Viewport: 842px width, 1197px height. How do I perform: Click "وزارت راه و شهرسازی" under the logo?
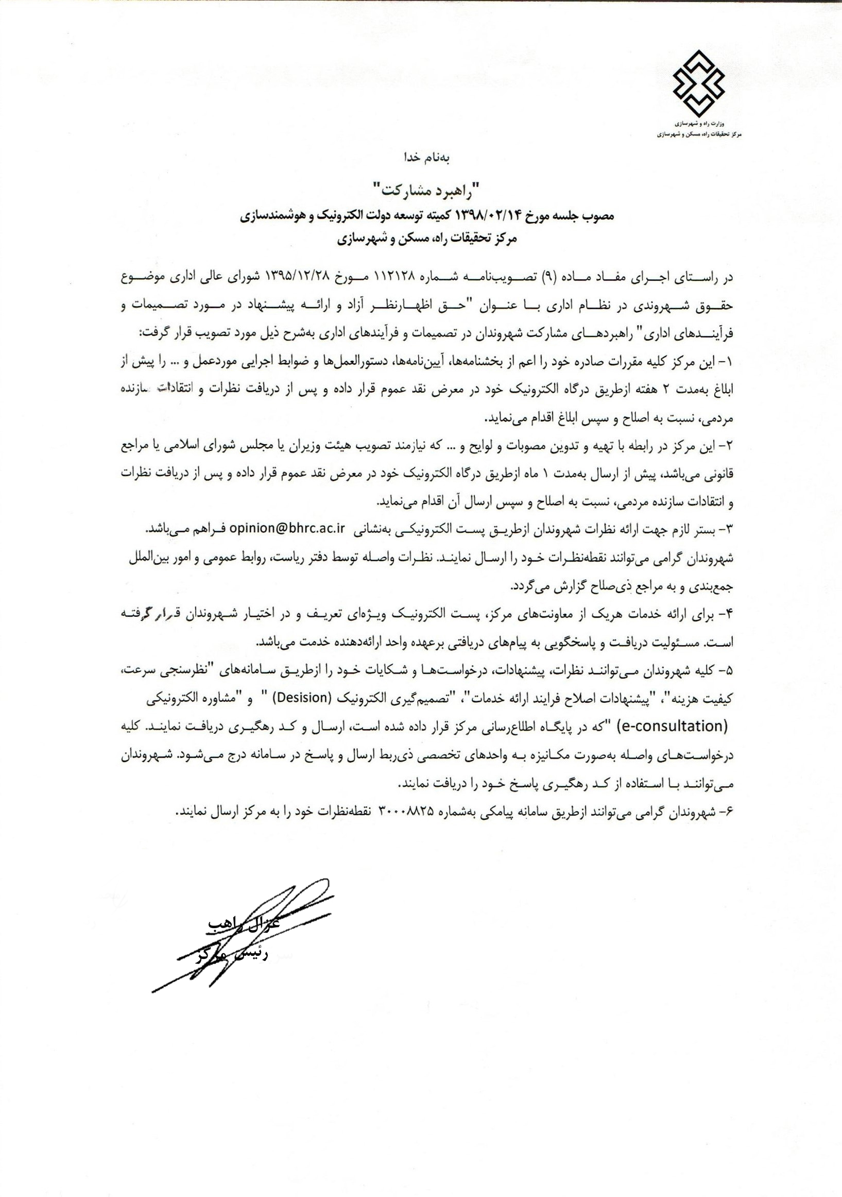[698, 125]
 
